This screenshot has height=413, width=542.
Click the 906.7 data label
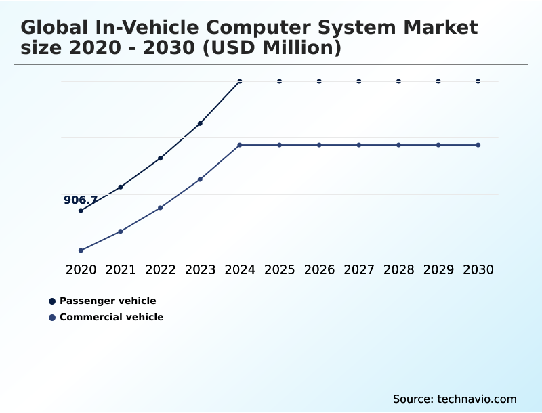(81, 200)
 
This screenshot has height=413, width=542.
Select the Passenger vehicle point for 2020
(81, 211)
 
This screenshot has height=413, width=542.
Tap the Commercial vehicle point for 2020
(81, 251)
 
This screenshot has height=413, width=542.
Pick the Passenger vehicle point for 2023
(200, 123)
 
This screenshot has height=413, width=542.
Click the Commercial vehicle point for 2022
(160, 208)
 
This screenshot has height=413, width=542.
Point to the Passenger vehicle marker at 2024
(240, 81)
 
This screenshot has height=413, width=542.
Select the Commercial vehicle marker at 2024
(240, 145)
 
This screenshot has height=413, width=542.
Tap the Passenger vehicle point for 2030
(478, 81)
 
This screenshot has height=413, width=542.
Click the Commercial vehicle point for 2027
(359, 145)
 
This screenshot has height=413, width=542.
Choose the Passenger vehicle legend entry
(107, 301)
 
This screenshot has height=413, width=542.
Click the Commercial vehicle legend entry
(111, 317)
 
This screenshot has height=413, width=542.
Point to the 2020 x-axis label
(81, 269)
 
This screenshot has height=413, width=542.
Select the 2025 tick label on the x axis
(279, 269)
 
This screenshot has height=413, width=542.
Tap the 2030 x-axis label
(478, 269)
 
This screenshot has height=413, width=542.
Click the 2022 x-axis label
(160, 269)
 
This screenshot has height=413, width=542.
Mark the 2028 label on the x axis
(398, 269)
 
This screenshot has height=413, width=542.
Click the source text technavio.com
(477, 399)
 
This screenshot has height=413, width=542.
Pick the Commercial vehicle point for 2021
(121, 232)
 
